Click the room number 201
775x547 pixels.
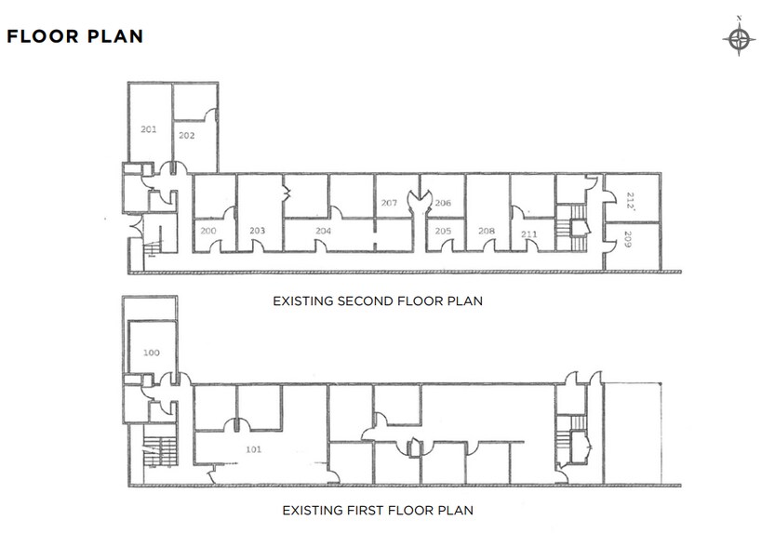(x=148, y=129)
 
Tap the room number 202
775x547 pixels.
(x=186, y=136)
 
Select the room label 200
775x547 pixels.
(x=208, y=231)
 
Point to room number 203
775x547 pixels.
(x=257, y=231)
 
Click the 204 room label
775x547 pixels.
(x=323, y=231)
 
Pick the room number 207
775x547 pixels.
(x=389, y=203)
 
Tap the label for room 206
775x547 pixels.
(x=443, y=203)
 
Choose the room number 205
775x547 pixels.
(x=443, y=231)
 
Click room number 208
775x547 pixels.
(x=487, y=231)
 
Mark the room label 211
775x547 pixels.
(x=528, y=234)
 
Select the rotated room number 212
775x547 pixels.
(x=630, y=201)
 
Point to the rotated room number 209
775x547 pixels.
(x=628, y=239)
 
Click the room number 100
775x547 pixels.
(x=152, y=353)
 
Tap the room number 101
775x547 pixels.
(x=254, y=449)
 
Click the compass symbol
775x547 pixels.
(x=739, y=37)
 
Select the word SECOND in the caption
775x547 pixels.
(x=366, y=300)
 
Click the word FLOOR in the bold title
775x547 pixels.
(x=43, y=36)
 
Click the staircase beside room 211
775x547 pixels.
(x=571, y=228)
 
